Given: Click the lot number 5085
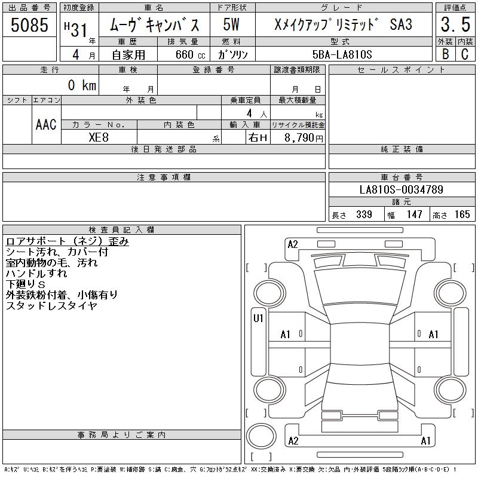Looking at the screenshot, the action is tap(29, 24).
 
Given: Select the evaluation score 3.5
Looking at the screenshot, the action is tap(455, 24).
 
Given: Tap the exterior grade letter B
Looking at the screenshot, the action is tap(445, 54).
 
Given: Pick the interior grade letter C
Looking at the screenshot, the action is tap(465, 54).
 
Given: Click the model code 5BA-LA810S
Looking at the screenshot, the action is tap(342, 54).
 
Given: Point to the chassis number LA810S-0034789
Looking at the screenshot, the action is tap(401, 189).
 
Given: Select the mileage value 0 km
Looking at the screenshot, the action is tap(82, 85).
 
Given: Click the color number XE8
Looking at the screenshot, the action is tap(99, 137).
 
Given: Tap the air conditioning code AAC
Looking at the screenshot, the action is tap(46, 124).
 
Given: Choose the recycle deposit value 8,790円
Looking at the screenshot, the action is tap(304, 138).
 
